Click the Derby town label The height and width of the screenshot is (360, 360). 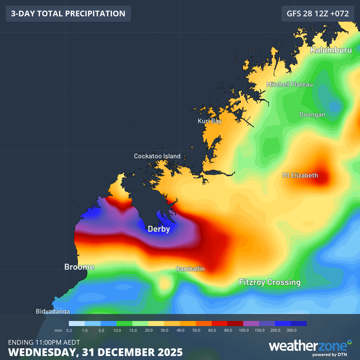click(159, 229)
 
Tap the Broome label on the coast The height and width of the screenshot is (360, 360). click(79, 267)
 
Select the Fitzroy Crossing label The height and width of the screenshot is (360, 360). click(270, 282)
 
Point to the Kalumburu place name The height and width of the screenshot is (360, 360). click(331, 50)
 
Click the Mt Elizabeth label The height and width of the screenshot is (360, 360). click(300, 175)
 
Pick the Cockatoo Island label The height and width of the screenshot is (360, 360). click(157, 156)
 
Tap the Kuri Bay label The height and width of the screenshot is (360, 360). click(210, 121)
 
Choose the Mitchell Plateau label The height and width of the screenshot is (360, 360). click(290, 84)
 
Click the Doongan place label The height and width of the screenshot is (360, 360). click(312, 115)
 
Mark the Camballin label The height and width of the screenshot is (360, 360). click(190, 269)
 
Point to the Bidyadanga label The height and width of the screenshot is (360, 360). click(53, 311)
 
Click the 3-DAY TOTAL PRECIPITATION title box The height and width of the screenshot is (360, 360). click(68, 14)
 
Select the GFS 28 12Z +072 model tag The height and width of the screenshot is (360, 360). click(318, 14)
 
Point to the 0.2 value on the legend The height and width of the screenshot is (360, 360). click(69, 330)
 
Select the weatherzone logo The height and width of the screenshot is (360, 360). click(310, 347)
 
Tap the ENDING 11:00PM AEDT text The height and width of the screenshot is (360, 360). click(44, 342)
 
